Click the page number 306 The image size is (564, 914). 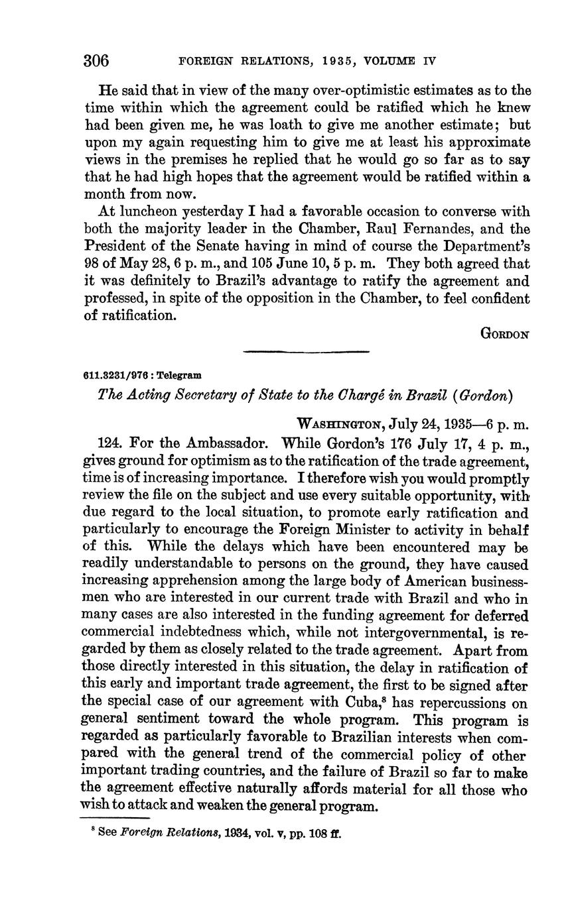click(x=96, y=60)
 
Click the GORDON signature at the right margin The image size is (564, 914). click(x=504, y=335)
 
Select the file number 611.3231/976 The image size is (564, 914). click(x=113, y=375)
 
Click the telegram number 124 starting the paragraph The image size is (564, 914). click(x=109, y=442)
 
